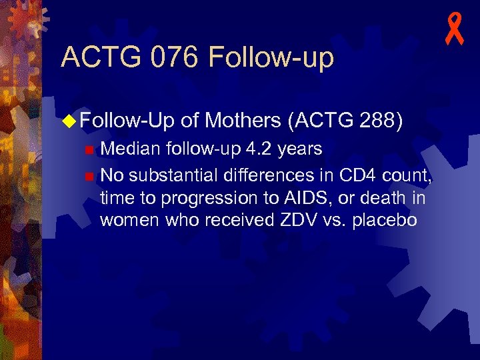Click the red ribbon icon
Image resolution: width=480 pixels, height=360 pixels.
point(455,31)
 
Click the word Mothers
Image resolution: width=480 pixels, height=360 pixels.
point(243,120)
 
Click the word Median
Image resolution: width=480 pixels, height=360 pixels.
point(131,149)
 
